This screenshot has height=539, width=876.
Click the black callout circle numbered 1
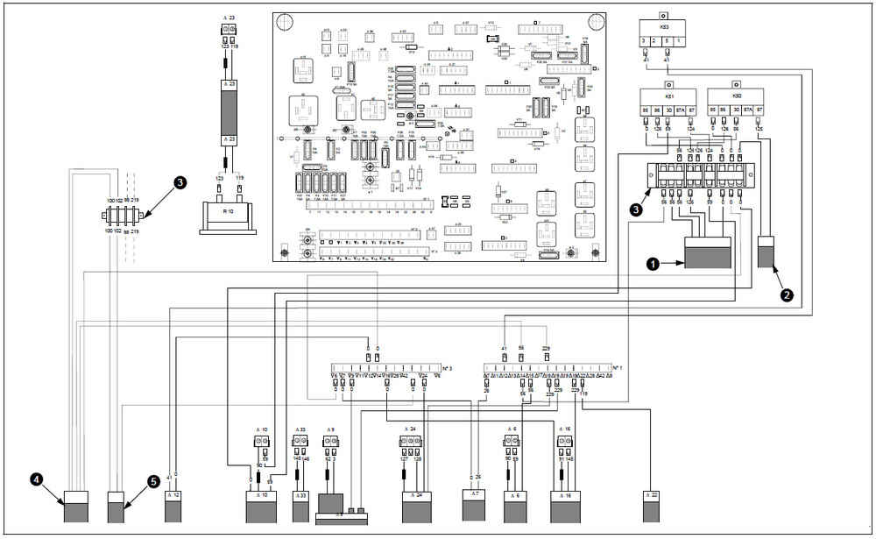click(x=653, y=261)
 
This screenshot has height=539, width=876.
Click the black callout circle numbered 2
click(x=787, y=295)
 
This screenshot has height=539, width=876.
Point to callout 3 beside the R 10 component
click(x=180, y=182)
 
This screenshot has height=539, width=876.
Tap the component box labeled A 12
click(x=172, y=506)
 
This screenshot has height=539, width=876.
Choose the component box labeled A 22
click(x=651, y=506)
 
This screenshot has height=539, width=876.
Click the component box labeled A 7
click(x=474, y=506)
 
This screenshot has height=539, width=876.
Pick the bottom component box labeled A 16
click(x=566, y=506)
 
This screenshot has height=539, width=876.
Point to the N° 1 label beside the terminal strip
click(x=618, y=366)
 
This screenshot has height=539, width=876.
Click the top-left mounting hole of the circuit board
click(x=286, y=20)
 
